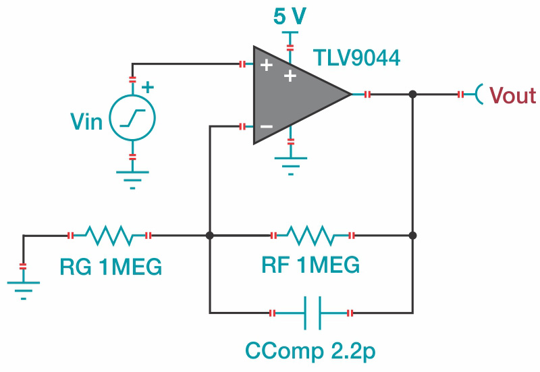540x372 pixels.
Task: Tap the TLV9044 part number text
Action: point(356,58)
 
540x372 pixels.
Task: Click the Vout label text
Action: point(512,95)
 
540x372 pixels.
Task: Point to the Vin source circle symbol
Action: point(132,118)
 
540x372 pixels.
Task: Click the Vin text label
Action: point(86,122)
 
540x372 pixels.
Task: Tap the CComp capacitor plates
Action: point(310,313)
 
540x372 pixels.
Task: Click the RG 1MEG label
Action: point(111,267)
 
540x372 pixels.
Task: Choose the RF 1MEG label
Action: point(310,265)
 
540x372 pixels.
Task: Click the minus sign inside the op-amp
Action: point(267,126)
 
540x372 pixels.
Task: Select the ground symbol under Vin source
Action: point(132,177)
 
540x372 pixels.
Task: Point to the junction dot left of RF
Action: point(210,236)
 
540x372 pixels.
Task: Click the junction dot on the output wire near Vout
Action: point(413,95)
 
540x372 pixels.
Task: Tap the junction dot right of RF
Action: point(413,236)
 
